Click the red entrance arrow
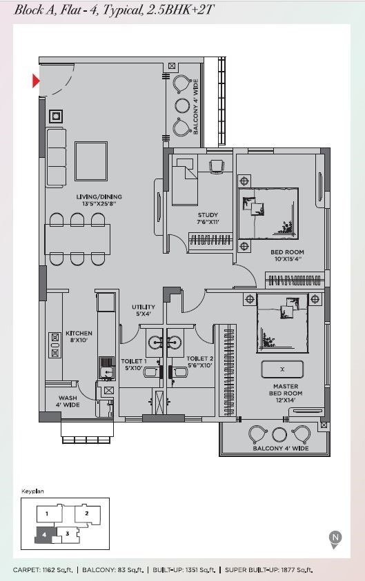pos(36,81)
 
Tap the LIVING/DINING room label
pos(99,200)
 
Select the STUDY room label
pos(208,218)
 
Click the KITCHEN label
pos(79,336)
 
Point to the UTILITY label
pos(144,310)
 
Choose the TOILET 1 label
pos(134,364)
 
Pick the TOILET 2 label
pos(200,362)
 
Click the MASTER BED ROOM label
pos(285,393)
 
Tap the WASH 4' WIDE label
pos(68,401)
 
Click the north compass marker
pos(335,539)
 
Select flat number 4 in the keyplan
pos(44,535)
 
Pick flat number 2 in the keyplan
pos(87,513)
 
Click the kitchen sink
pos(106,368)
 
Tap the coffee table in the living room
pos(91,161)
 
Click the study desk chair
pos(216,166)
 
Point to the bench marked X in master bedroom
pos(282,369)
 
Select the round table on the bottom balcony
pos(279,434)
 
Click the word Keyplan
pos(32,491)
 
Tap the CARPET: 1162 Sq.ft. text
pos(43,570)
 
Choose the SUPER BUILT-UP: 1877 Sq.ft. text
pos(269,570)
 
